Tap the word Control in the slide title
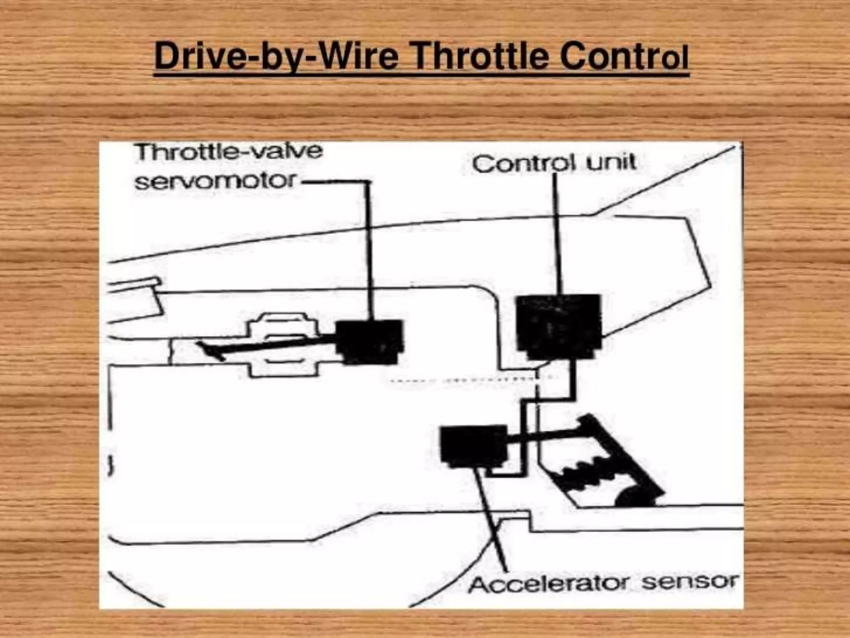pos(623,57)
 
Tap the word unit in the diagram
pos(611,162)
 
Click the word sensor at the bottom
pos(689,582)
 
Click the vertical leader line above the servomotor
pos(369,249)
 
